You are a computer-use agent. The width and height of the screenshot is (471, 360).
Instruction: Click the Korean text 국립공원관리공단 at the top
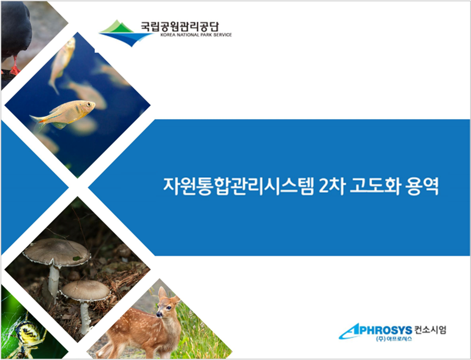pos(180,27)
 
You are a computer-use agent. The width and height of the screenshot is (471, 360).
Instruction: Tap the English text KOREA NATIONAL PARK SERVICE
pos(196,35)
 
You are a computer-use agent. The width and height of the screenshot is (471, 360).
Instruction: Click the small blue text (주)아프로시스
pos(394,339)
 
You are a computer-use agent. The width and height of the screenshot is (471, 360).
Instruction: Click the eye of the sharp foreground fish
pos(89,104)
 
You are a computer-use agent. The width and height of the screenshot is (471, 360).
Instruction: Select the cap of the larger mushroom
pos(57,252)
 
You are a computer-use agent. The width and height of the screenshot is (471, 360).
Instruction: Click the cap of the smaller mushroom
pos(85,291)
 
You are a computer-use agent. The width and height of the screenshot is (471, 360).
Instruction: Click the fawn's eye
pos(169,308)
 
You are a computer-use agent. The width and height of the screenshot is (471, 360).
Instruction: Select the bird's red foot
pos(14,69)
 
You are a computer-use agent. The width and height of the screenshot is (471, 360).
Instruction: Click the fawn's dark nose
pos(158,315)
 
